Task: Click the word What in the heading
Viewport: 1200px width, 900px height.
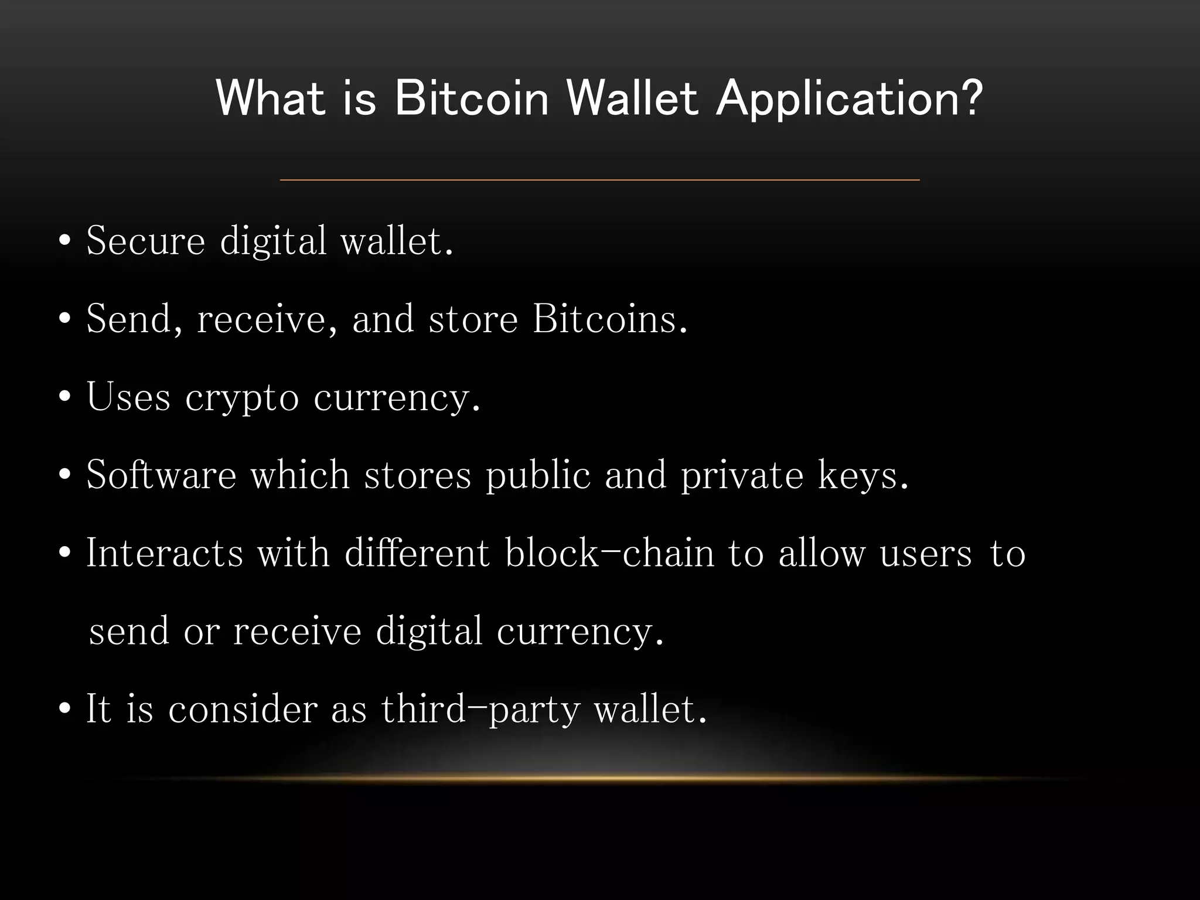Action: [270, 98]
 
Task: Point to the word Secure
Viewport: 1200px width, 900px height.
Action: [145, 241]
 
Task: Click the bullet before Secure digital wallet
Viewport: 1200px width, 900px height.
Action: [65, 241]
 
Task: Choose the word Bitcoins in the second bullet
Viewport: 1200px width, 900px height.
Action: [610, 319]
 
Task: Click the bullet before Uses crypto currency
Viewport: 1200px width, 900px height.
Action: [65, 397]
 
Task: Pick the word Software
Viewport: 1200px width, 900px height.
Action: [161, 475]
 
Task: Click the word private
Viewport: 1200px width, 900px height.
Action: [742, 476]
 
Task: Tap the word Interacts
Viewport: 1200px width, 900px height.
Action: [165, 553]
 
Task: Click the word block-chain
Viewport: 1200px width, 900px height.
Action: [609, 553]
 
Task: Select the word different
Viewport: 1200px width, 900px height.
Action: [417, 553]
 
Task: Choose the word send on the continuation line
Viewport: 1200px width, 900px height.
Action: [129, 632]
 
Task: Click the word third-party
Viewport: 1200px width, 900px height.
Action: [480, 710]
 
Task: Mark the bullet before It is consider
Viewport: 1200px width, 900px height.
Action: [65, 709]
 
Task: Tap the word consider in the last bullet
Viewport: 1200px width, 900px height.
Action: [243, 710]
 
